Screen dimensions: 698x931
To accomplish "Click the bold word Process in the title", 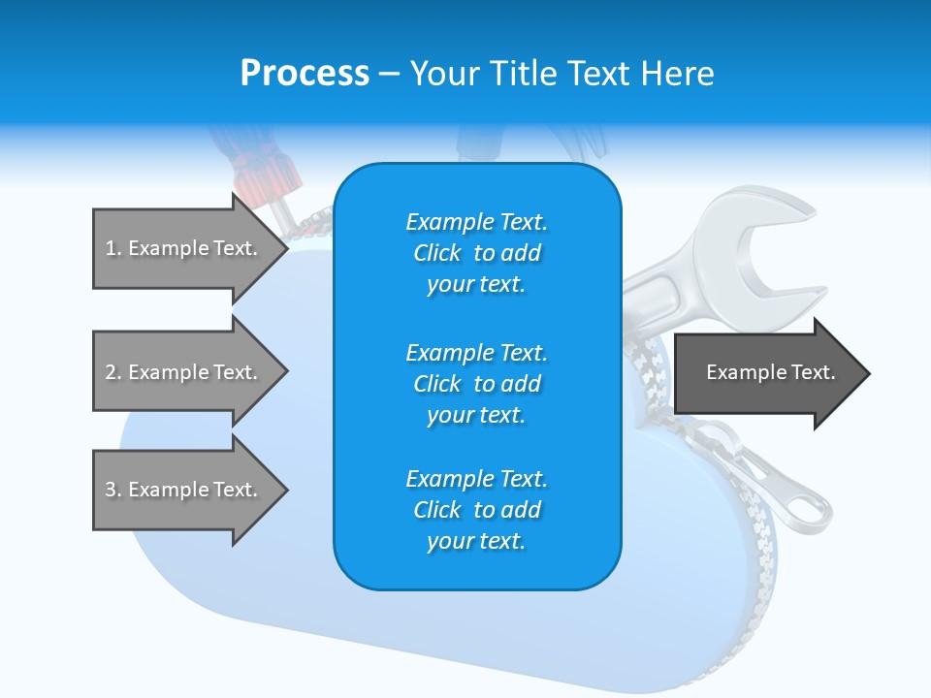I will click(305, 74).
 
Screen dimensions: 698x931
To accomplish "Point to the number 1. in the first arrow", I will click(113, 248).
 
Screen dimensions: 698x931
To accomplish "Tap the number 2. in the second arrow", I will click(113, 372).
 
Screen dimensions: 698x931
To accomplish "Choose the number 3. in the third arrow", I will click(113, 490).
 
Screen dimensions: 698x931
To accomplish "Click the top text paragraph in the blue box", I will click(476, 253).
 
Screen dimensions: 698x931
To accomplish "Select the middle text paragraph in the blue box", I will click(476, 383).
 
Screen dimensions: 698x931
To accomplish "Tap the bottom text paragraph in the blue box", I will click(476, 510).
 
